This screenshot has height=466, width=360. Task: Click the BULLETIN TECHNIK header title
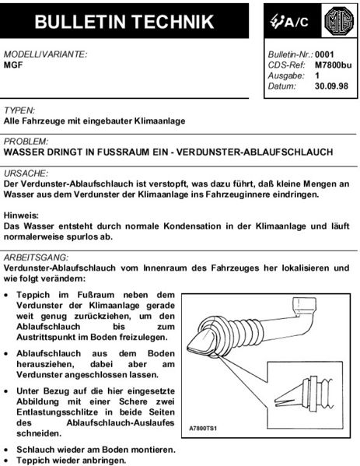(x=126, y=24)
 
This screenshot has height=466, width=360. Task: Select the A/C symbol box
(x=288, y=23)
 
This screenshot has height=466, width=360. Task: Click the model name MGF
(x=14, y=67)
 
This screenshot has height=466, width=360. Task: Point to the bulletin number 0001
(x=325, y=56)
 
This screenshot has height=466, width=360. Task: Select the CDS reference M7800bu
(x=332, y=66)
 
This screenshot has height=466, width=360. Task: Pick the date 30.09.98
(x=332, y=87)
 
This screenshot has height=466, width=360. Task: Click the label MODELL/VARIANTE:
(x=46, y=56)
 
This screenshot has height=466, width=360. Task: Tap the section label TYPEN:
(x=20, y=111)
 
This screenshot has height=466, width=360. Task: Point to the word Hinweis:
(x=22, y=213)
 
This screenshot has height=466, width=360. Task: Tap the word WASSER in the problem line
(x=28, y=152)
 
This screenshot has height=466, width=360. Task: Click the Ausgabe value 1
(x=317, y=77)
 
